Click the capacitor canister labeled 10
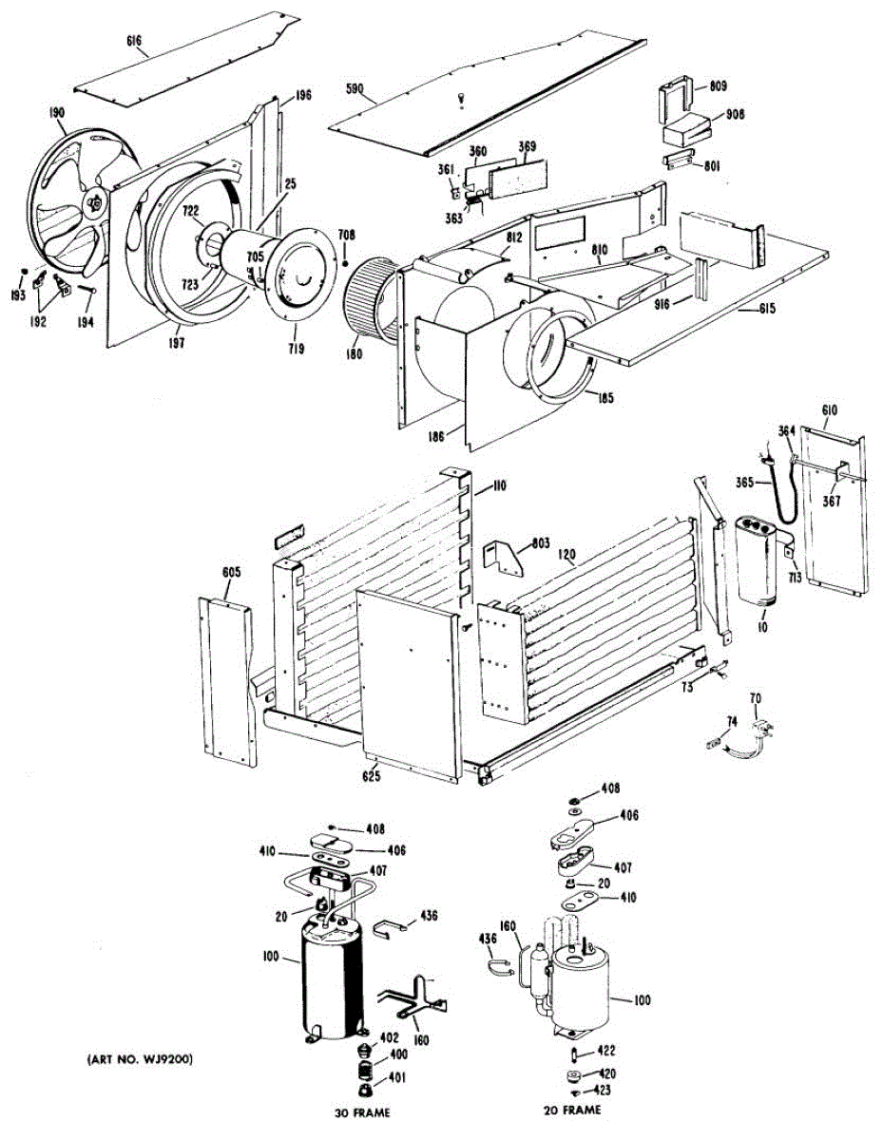point(758,560)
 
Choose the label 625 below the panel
point(371,777)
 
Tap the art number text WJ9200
point(139,1059)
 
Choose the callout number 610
point(830,409)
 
